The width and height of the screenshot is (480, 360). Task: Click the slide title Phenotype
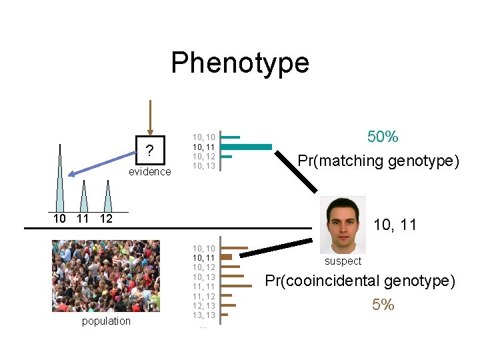tap(240, 63)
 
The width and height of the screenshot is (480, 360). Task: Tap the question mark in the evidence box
tap(150, 152)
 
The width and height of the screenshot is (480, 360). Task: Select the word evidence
tap(150, 171)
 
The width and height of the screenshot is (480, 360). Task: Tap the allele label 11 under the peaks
tap(83, 219)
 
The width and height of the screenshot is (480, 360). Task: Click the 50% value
tap(383, 137)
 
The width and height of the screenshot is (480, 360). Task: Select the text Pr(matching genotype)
tap(378, 161)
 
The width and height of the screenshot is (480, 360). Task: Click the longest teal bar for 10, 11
tap(246, 147)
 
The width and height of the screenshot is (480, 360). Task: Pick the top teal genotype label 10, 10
tap(203, 137)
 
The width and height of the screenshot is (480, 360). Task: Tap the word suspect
tap(343, 261)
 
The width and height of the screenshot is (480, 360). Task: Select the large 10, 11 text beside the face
tap(395, 225)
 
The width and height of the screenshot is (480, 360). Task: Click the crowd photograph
tap(106, 276)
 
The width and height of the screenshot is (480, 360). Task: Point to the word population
tap(106, 321)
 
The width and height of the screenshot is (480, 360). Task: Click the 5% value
tap(383, 305)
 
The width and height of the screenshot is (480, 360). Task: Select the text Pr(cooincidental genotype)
tap(360, 281)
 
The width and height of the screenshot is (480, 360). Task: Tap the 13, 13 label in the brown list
tap(203, 315)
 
